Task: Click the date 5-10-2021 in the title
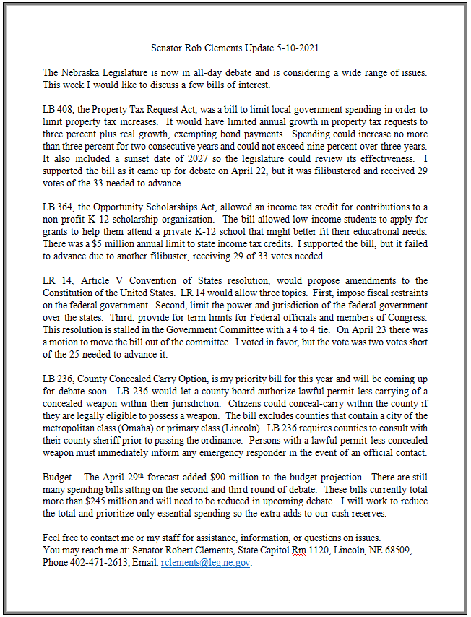(293, 48)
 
